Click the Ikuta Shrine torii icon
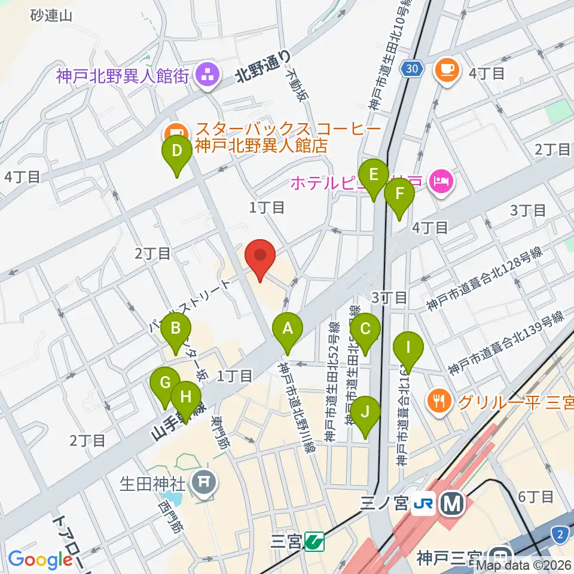point(204,481)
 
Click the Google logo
point(41,559)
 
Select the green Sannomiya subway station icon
point(314,542)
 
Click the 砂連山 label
point(51,16)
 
